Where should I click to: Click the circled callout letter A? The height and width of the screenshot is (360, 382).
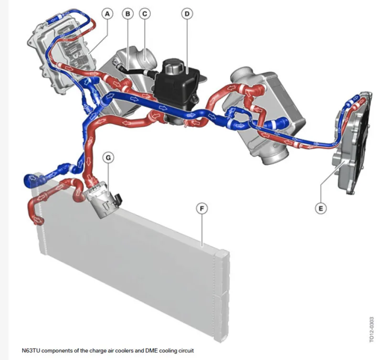click(107, 14)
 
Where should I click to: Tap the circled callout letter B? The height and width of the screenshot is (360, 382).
click(127, 14)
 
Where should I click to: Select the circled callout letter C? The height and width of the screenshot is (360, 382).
click(145, 14)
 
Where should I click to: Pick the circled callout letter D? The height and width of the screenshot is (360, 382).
click(187, 14)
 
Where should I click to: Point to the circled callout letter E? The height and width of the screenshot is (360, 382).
click(320, 208)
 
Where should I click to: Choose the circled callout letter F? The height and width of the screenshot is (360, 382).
click(202, 208)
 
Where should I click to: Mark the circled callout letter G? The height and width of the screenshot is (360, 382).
click(108, 158)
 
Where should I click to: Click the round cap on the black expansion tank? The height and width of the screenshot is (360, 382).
click(172, 66)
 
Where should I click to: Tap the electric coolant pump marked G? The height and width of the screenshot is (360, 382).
click(102, 200)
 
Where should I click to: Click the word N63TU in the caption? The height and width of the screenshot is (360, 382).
click(31, 350)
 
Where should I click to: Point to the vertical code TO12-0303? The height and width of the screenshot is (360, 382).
click(371, 329)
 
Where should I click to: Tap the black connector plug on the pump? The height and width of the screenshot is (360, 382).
click(118, 198)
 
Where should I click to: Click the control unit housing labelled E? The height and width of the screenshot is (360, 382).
click(351, 144)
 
